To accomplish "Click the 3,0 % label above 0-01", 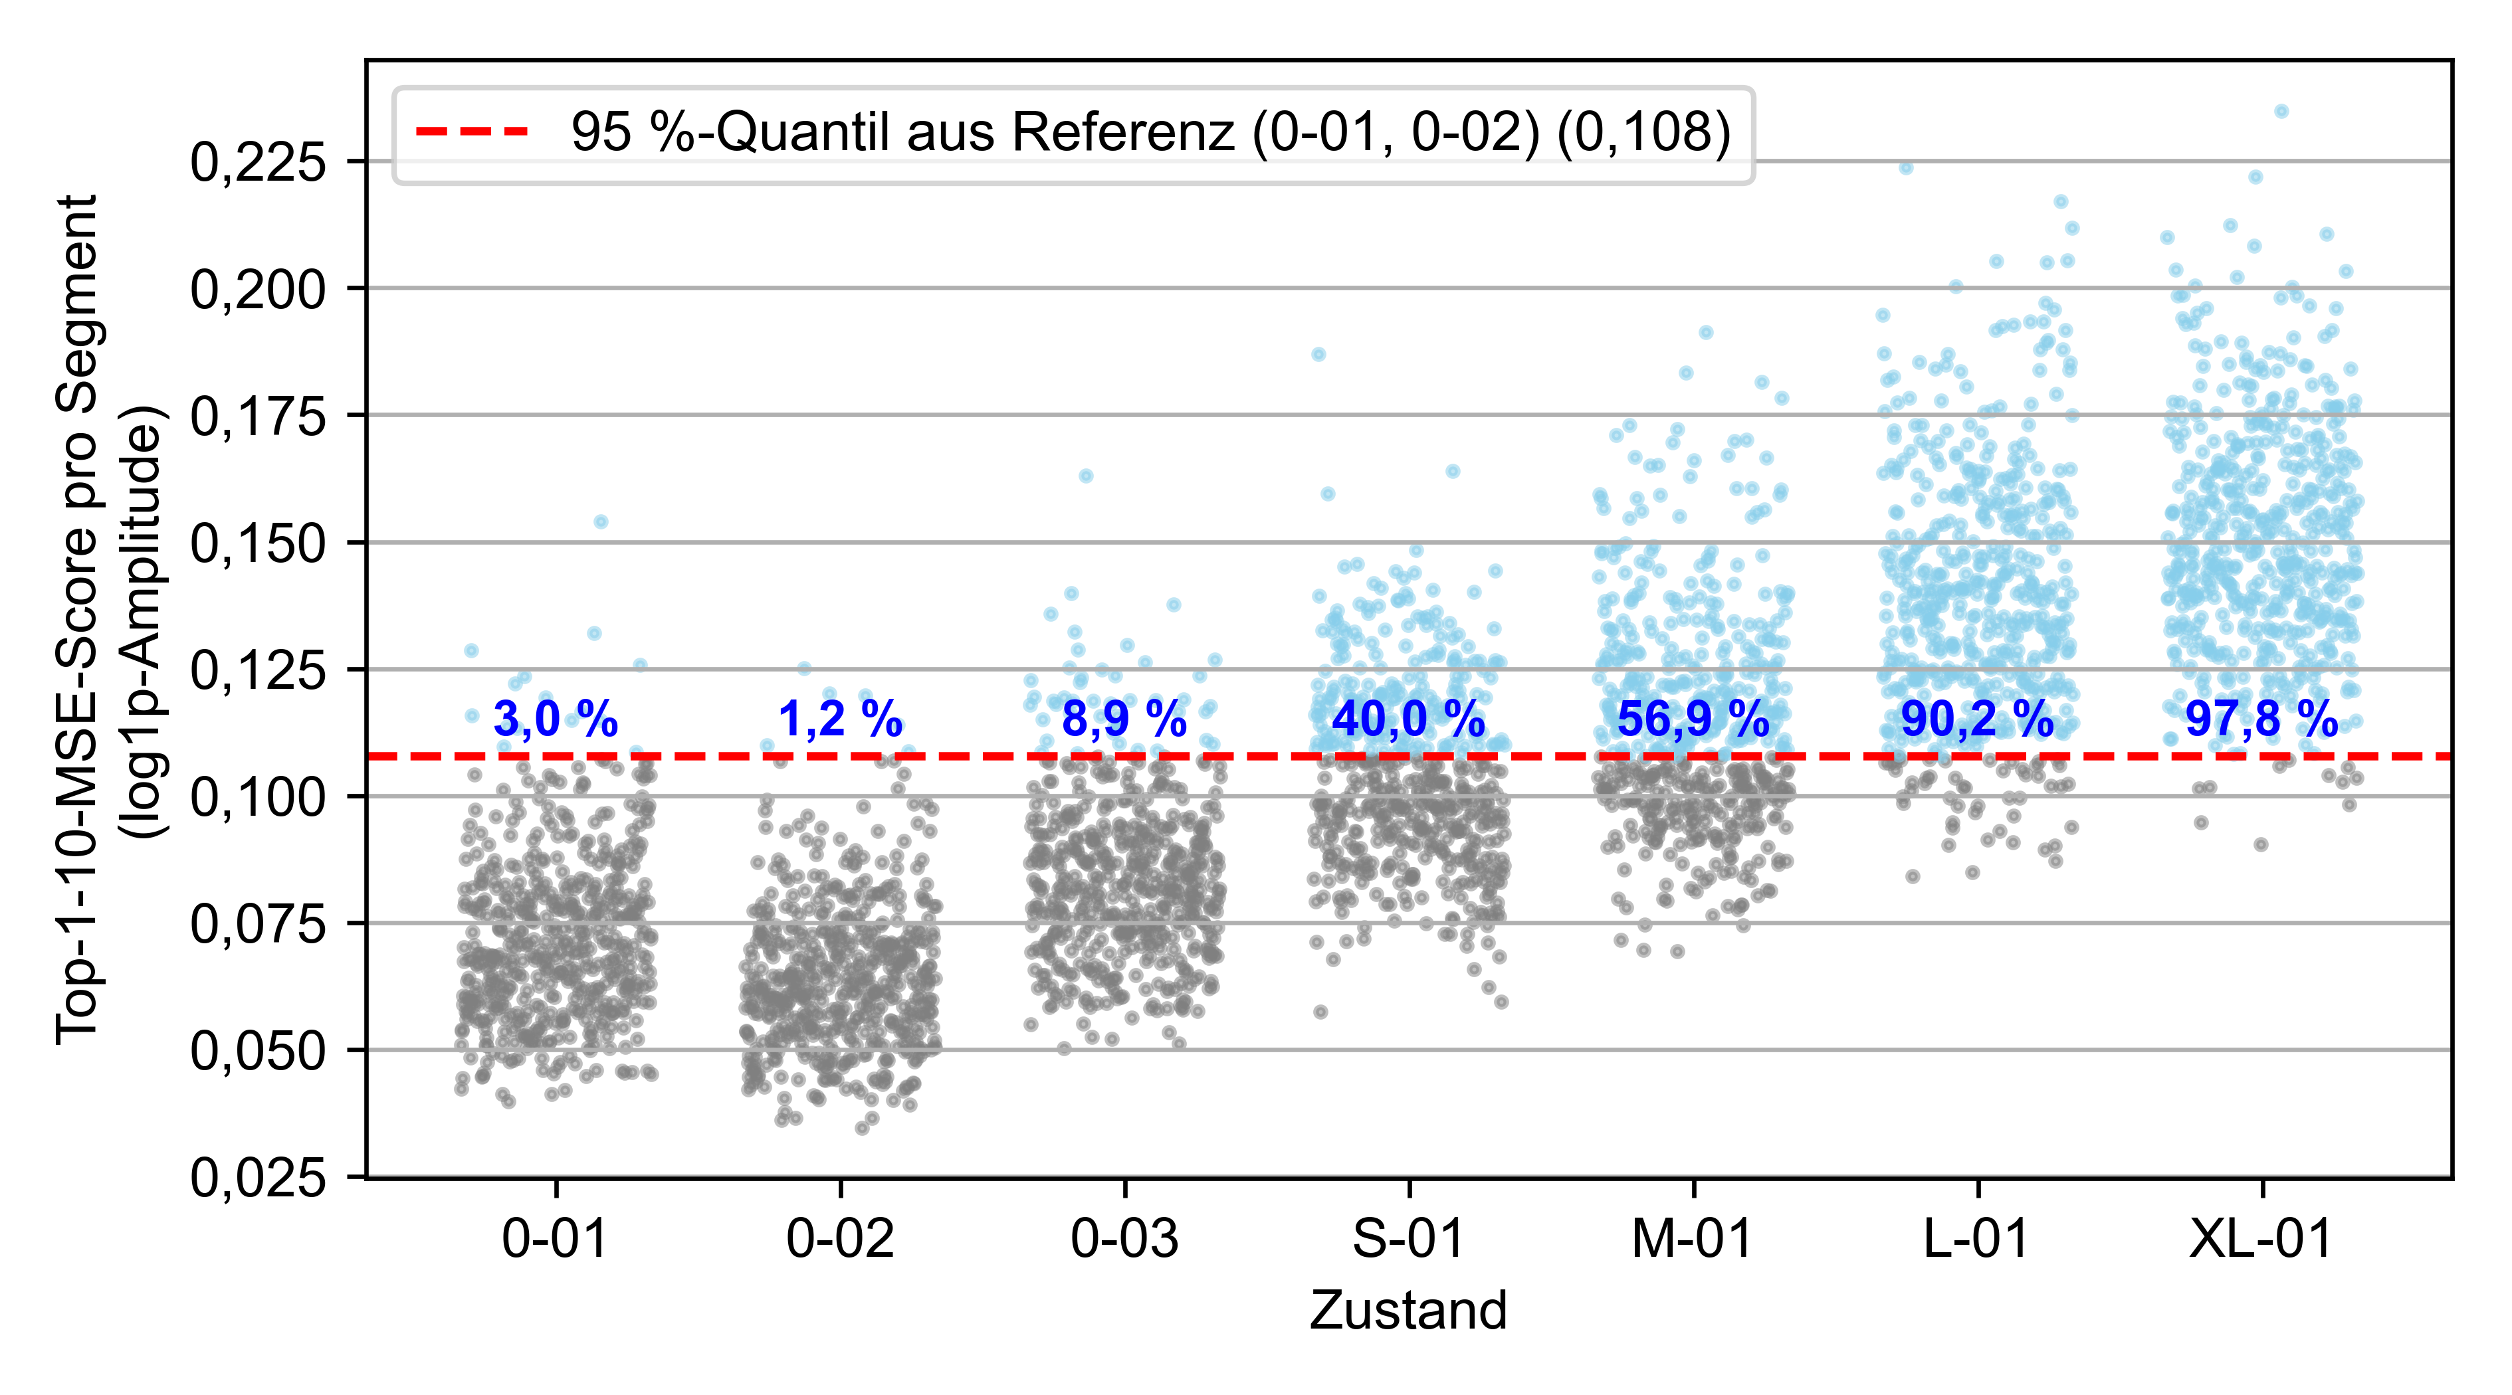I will click(555, 719).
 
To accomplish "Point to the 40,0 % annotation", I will click(1408, 719).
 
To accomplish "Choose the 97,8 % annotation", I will click(2261, 719).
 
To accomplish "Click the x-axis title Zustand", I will click(1408, 1310).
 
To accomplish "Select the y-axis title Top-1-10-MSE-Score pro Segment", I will click(78, 619).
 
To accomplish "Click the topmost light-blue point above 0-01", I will click(601, 521).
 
